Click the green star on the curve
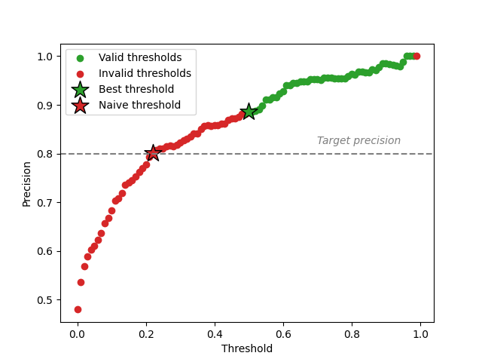[249, 112]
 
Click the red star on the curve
[153, 153]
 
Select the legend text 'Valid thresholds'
[140, 58]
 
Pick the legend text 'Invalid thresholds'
[145, 74]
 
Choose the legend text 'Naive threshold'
[139, 105]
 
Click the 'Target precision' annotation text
[358, 140]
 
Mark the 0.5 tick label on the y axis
[46, 300]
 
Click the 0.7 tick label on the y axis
[46, 203]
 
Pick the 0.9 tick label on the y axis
[46, 106]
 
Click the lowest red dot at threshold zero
[78, 309]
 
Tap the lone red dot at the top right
[416, 56]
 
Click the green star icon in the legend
[80, 89]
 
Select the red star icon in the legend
[80, 105]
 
